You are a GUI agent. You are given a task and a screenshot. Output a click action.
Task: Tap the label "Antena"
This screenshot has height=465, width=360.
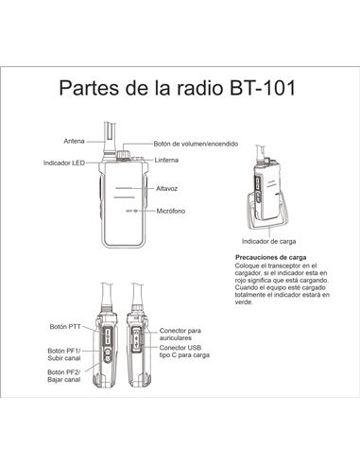pos(75,141)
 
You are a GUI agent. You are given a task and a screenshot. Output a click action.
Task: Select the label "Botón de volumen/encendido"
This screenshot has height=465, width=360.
pos(196,144)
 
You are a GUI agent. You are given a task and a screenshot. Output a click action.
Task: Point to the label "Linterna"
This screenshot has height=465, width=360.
pos(167,160)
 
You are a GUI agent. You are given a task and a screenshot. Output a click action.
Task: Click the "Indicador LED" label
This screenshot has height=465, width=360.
pos(64,163)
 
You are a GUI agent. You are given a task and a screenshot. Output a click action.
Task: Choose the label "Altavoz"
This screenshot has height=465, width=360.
pos(167,189)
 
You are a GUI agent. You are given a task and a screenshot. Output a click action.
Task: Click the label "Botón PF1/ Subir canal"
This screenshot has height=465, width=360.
pos(63,354)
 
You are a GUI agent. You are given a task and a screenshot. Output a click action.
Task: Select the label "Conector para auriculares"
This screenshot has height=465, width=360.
pos(182,333)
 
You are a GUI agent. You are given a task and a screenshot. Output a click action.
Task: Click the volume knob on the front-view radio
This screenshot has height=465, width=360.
pos(124,152)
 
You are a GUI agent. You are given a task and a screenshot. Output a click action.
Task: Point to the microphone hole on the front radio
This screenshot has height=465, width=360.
pos(138,210)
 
